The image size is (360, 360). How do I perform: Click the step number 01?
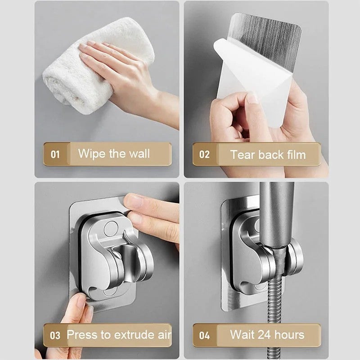click(x=55, y=154)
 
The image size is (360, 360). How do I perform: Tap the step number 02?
click(x=204, y=154)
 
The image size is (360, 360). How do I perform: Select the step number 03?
click(x=55, y=335)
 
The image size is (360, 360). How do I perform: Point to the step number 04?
click(x=204, y=335)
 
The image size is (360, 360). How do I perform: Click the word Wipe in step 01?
click(x=92, y=153)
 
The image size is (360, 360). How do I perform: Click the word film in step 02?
click(x=294, y=154)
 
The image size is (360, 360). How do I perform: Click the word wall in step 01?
click(x=139, y=153)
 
